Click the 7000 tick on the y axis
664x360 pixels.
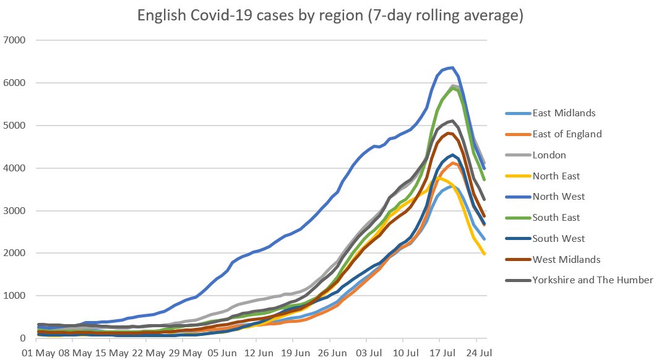click(15, 41)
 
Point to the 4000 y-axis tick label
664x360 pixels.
click(15, 168)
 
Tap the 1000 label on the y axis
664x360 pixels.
click(15, 296)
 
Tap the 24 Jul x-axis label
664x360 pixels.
click(476, 353)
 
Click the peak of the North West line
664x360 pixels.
click(452, 67)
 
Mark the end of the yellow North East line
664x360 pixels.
click(485, 254)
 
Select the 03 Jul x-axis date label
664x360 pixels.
click(366, 353)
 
